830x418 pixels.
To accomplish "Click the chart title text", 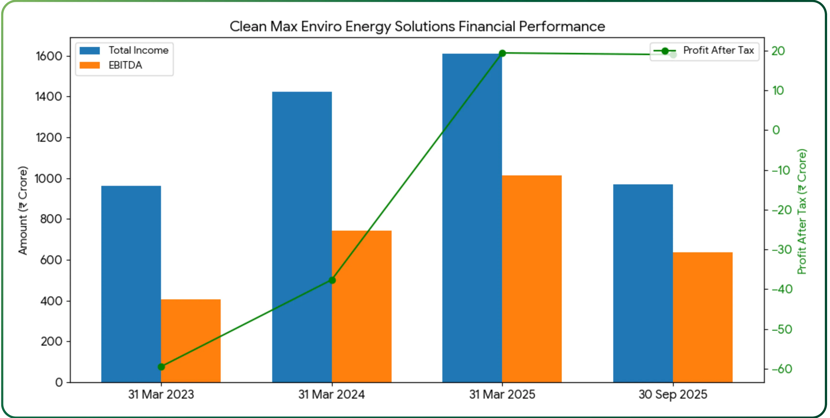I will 417,26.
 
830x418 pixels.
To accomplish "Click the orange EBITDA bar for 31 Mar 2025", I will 532,279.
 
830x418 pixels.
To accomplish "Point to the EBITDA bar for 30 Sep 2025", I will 703,317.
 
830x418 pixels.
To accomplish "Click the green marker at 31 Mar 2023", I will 161,367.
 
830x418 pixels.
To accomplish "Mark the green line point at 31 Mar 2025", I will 502,53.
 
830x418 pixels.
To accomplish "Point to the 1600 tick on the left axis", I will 49,56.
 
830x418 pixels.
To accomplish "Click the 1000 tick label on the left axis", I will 48,179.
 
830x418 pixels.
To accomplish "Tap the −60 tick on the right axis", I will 782,369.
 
